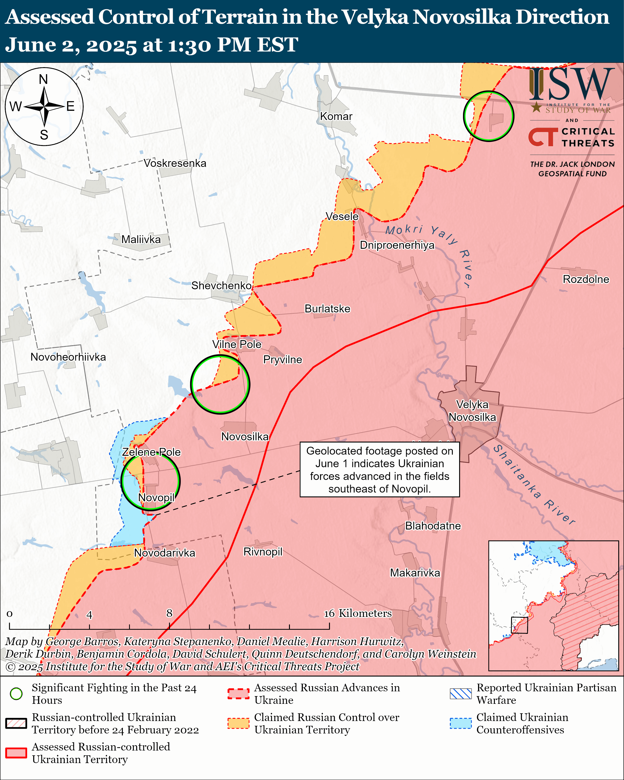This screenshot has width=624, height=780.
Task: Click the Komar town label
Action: (336, 116)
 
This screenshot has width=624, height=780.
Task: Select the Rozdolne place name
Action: (586, 279)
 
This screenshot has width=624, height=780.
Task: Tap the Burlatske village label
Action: (327, 309)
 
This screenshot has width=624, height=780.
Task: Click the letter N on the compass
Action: (43, 79)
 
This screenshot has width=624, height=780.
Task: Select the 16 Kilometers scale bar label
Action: (357, 613)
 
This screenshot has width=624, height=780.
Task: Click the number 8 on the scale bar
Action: (169, 613)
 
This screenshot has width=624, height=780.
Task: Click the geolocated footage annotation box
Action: (379, 470)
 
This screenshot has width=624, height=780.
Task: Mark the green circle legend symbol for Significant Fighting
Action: (16, 693)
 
